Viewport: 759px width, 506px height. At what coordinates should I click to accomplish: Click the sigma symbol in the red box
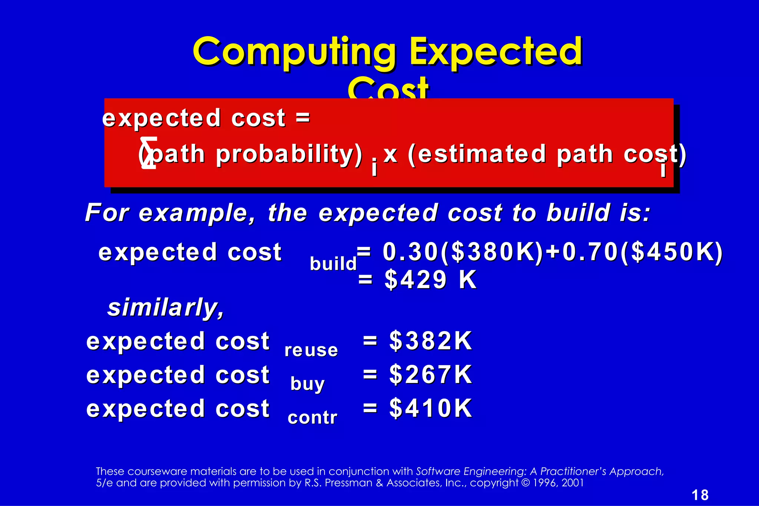tap(149, 153)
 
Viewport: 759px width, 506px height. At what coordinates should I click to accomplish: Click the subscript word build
tap(333, 264)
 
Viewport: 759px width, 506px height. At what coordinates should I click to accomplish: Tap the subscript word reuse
tap(311, 350)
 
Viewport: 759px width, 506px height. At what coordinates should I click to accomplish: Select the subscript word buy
tap(307, 384)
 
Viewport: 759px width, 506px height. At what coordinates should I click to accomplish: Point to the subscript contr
tap(312, 418)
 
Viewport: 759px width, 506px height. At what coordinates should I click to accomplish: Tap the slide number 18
tap(700, 495)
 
